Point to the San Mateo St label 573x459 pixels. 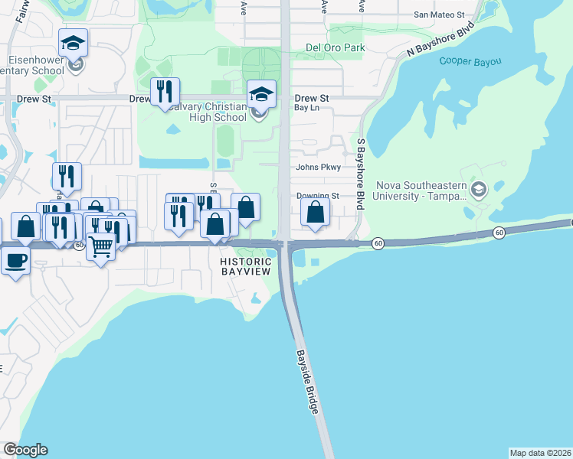(439, 15)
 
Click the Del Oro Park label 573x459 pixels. (336, 47)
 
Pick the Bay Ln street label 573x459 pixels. (307, 109)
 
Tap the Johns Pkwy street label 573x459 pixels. (319, 167)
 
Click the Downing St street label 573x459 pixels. (318, 196)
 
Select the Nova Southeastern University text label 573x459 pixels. (420, 190)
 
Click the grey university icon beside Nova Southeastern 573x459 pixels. (479, 190)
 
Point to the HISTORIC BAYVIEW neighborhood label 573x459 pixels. (246, 266)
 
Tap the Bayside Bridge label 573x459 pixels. (307, 382)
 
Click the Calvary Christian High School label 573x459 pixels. (207, 112)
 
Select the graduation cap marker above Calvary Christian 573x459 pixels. (261, 94)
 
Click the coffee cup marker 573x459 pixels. (15, 261)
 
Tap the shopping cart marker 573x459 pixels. (100, 247)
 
